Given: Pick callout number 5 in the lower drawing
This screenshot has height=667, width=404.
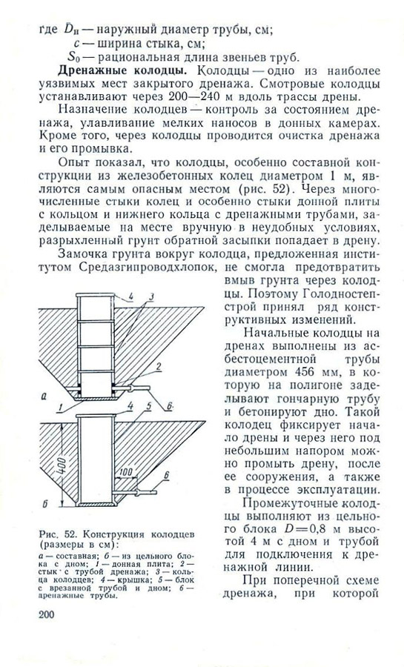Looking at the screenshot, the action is coord(148,406).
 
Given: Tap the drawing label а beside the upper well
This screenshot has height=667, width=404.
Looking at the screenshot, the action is coord(46,399).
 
